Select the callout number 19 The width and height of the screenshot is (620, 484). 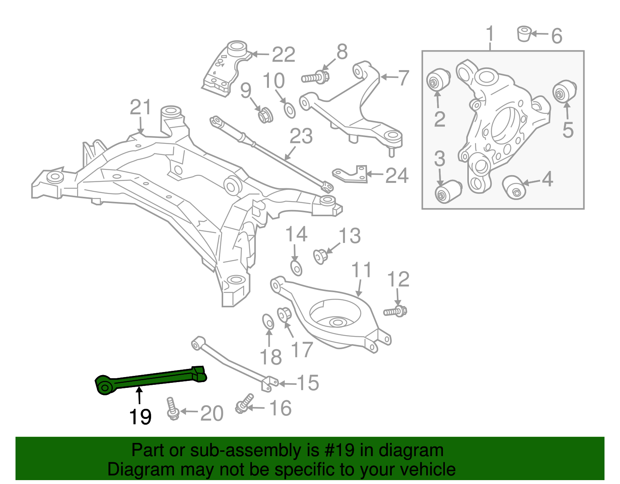[x=140, y=417]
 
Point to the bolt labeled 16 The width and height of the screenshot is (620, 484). [x=244, y=403]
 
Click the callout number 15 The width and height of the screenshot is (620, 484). [x=308, y=383]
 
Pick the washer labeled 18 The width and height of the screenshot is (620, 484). [x=268, y=322]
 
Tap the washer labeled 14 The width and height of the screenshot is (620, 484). [x=296, y=267]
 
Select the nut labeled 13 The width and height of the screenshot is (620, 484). [x=320, y=256]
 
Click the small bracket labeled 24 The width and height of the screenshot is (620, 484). [x=351, y=174]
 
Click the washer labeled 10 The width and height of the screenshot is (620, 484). [x=289, y=110]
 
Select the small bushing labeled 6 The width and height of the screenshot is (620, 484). [x=524, y=34]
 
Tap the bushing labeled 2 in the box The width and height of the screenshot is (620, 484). [x=438, y=80]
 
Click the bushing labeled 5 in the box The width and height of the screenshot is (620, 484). [x=564, y=91]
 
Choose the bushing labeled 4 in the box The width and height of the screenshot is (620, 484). [x=515, y=187]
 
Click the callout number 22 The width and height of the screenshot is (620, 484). [x=284, y=55]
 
